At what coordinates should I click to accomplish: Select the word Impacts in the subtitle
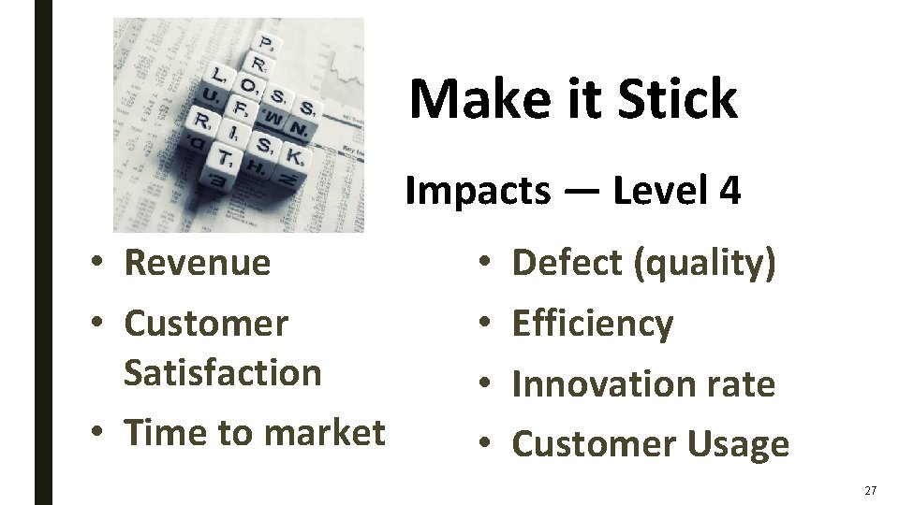coord(478,191)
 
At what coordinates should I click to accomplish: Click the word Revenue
coord(197,263)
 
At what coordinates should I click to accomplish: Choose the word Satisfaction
coord(222,372)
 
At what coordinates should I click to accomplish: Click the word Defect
coord(568,263)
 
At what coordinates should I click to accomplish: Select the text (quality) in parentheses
coord(706,264)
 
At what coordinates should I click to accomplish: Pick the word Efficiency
coord(593,324)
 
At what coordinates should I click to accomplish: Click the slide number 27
coord(871,490)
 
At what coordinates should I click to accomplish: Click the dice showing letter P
coord(269,44)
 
